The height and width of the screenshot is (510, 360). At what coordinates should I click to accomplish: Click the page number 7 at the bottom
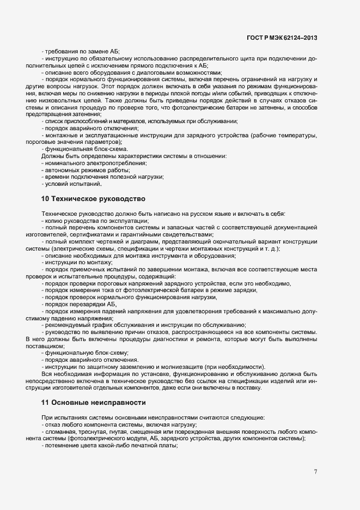[316, 471]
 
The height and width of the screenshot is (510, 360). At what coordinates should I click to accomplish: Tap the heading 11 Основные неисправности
[93, 402]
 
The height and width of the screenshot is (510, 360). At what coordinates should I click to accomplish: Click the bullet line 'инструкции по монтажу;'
[78, 262]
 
